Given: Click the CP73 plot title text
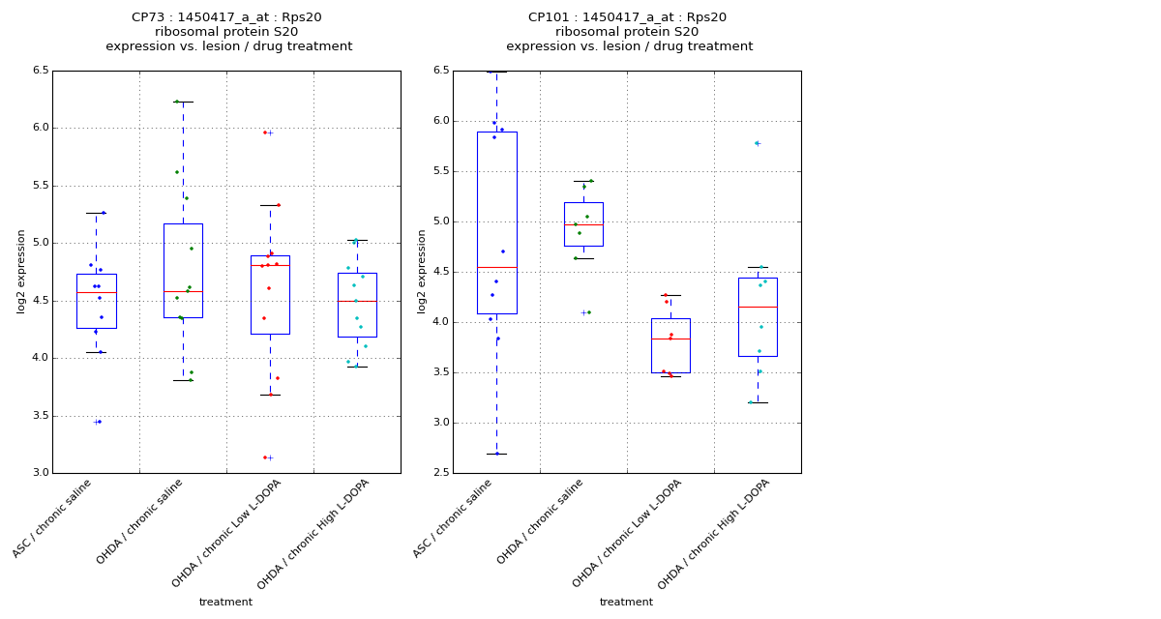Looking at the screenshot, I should [228, 32].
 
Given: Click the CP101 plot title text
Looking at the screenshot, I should [629, 32].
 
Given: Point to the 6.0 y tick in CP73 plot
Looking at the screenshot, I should [41, 128].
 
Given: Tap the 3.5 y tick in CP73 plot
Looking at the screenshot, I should [41, 416].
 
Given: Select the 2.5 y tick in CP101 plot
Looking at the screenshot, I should [441, 473].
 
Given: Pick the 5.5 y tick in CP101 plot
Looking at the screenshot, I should [441, 171].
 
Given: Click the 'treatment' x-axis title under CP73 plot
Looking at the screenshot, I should [225, 603].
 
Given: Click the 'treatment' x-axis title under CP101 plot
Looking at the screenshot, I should [626, 603].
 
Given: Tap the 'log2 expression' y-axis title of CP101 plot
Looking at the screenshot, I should [422, 272].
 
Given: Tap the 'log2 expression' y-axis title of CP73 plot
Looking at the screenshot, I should [21, 272].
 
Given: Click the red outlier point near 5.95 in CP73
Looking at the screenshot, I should [265, 133].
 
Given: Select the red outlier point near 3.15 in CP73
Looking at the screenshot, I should [265, 457].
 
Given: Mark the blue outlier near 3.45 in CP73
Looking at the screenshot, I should [100, 422].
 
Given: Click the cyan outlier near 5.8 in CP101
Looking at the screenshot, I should [756, 143].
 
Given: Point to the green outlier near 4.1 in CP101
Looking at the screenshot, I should [588, 312].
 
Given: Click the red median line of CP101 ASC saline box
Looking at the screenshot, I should [496, 267].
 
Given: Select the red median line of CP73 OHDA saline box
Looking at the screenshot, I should [183, 291].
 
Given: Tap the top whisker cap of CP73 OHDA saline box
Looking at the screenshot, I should [183, 102].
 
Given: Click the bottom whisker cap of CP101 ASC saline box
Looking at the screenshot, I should [496, 454].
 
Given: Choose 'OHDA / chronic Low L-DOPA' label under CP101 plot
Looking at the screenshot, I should [629, 532].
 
